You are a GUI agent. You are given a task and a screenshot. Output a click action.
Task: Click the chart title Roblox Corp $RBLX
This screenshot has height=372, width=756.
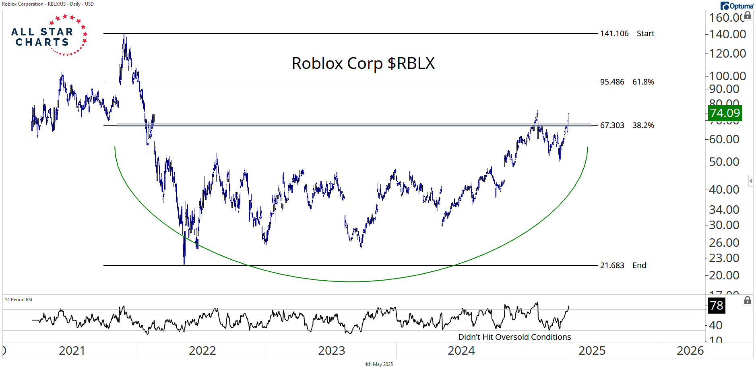(x=363, y=63)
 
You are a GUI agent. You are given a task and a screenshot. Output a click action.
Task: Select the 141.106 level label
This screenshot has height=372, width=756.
(x=614, y=33)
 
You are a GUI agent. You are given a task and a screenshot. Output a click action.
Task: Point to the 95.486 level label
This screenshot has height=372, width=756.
(x=612, y=82)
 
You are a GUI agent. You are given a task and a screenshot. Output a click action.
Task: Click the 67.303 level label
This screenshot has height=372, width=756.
(x=612, y=125)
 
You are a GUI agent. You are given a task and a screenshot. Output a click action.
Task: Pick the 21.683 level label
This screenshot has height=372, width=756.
(x=612, y=265)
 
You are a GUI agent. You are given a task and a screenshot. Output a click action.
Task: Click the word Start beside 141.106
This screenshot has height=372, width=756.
(x=645, y=33)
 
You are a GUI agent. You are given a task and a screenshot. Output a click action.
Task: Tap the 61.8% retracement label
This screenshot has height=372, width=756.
(x=643, y=82)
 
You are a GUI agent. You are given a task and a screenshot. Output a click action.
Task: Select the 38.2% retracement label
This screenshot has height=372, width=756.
(x=643, y=125)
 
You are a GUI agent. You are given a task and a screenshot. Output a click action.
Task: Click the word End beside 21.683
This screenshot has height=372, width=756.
(x=639, y=265)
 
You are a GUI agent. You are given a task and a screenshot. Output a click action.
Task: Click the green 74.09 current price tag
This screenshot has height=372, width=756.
(x=725, y=113)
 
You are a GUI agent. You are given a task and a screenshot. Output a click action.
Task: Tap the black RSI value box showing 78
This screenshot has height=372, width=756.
(x=717, y=305)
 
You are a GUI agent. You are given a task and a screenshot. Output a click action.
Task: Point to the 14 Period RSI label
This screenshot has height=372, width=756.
(x=19, y=300)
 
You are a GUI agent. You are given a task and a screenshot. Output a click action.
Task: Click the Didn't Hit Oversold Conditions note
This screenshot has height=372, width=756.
(x=514, y=337)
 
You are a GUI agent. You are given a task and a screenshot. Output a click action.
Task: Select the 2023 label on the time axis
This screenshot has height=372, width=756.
(x=332, y=351)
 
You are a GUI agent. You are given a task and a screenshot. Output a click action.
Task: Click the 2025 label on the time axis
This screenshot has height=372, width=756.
(x=592, y=351)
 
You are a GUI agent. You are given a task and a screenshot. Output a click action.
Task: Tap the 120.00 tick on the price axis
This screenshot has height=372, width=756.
(x=727, y=54)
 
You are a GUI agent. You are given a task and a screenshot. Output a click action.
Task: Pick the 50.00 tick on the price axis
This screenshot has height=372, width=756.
(x=724, y=162)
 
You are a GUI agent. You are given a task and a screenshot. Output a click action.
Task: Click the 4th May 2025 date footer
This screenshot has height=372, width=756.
(x=378, y=364)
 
